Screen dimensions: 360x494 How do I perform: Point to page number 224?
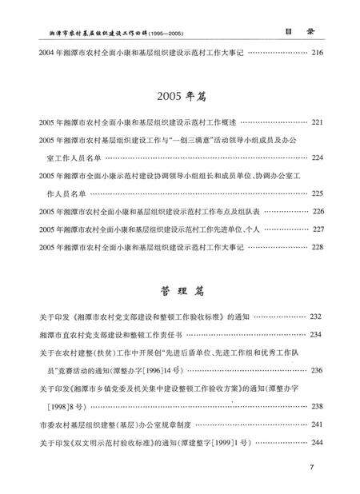tap(317, 157)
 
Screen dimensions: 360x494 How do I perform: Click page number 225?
tap(317, 193)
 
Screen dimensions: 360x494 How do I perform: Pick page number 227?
tap(317, 229)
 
